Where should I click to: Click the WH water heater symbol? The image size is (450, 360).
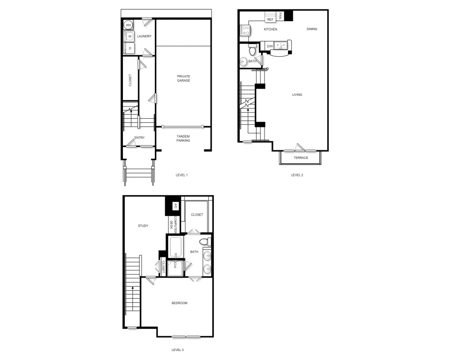pos(128,25)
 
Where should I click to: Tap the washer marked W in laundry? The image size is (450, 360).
pos(130,36)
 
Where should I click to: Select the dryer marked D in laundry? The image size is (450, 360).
pos(130,48)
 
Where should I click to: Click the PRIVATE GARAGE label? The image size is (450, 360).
pos(183,78)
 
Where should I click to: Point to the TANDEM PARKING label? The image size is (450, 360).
pos(183,138)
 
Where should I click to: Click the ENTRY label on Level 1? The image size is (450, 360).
pos(139,138)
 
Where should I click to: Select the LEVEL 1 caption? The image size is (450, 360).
pos(182,175)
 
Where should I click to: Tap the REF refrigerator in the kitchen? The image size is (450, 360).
pos(270,19)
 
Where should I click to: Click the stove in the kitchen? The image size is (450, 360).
pos(246,30)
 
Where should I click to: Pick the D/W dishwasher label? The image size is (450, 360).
pos(270,46)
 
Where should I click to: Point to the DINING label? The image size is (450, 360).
pos(312,29)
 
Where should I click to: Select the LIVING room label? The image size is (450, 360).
pos(297,94)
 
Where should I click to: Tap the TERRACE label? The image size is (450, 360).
pos(301,158)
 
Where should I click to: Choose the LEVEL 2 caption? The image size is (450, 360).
pos(297,175)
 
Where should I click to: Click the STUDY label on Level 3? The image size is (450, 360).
pos(143,225)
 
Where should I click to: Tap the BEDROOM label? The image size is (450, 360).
pos(179,303)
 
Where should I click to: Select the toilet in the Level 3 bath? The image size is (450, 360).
pos(205,242)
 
